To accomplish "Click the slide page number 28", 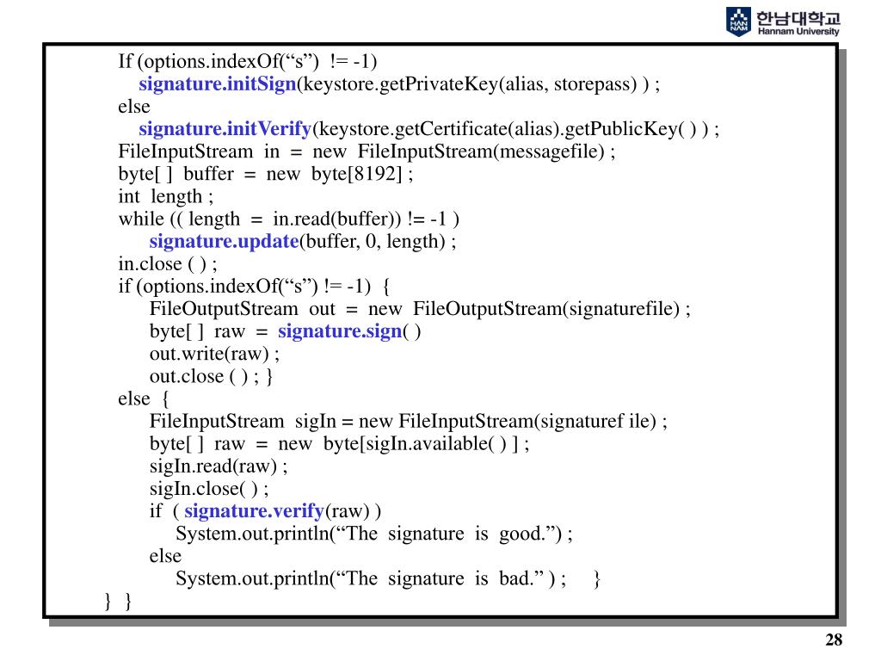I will point(834,639).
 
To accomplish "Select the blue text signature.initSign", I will point(218,84).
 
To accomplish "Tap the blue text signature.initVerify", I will point(225,129).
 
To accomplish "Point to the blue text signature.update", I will point(224,241).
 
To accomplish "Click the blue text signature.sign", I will point(340,331).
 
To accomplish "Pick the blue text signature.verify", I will point(255,511).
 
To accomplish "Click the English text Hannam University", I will point(798,30).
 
